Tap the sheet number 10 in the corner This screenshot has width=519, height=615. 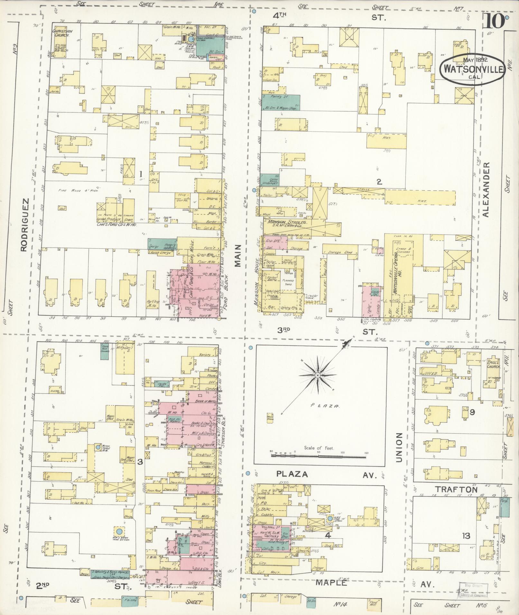coord(493,22)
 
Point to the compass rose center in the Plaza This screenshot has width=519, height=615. coord(317,375)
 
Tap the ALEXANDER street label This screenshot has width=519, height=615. coord(486,189)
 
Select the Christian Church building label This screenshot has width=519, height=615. coord(63,33)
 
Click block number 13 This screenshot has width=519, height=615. coord(466,536)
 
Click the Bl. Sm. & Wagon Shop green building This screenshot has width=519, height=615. coord(281,103)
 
